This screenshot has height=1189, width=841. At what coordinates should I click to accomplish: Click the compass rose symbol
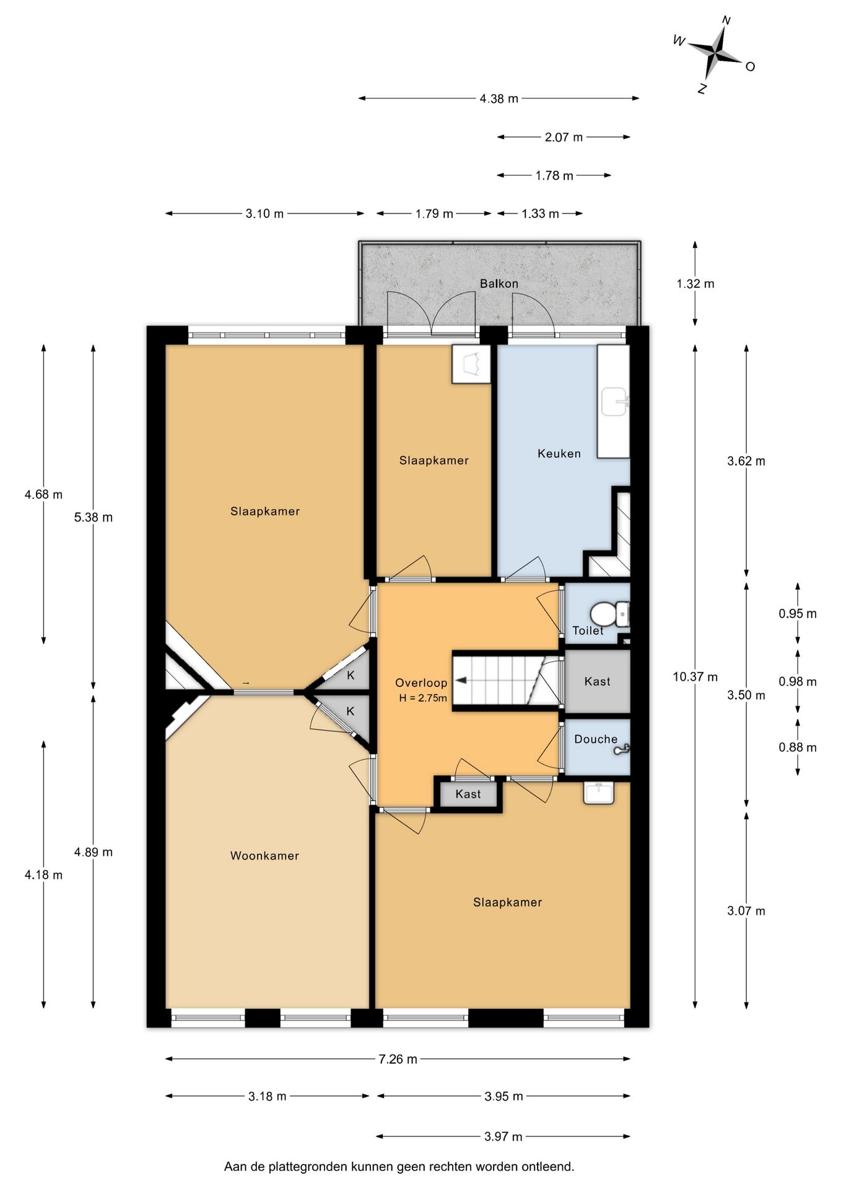pos(715,54)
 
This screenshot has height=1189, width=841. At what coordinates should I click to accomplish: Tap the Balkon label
pos(499,284)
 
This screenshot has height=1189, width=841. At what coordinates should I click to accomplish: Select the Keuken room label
pos(559,453)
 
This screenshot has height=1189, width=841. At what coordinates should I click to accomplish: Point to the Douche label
pos(595,739)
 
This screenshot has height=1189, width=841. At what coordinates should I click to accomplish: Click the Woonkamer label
pos(264,856)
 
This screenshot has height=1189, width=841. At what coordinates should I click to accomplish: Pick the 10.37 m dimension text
pos(695,677)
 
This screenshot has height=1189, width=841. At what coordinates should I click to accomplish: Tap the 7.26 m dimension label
pos(398,1059)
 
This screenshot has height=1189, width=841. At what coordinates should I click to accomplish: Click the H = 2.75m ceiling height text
pos(422,698)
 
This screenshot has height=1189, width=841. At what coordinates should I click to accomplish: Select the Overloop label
pos(421,683)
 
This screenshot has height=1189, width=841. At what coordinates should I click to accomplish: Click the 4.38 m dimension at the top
pos(499,98)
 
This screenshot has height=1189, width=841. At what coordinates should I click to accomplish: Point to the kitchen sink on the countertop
pos(614,402)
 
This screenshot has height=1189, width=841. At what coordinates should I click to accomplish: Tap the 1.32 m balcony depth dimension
pos(695,284)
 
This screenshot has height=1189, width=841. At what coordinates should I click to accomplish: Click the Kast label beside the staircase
pos(597,681)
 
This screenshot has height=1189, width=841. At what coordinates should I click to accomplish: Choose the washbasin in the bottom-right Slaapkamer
pos(598,793)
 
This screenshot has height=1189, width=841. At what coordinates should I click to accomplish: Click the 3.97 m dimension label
pos(503,1136)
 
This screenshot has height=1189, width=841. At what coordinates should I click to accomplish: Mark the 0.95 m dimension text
pos(797,614)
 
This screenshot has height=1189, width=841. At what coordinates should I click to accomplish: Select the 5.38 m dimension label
pos(94,517)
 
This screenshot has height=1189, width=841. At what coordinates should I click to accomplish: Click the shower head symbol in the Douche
pos(622,749)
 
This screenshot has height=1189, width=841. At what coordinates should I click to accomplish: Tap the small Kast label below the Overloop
pos(468,794)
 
